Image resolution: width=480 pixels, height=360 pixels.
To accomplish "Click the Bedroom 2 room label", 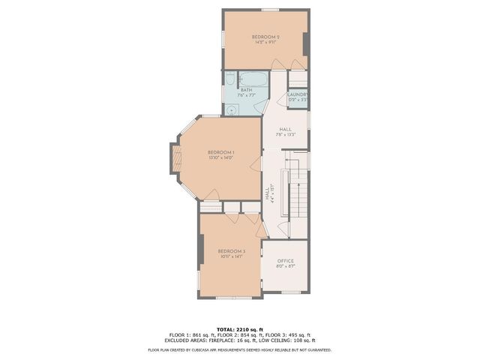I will coord(265,37).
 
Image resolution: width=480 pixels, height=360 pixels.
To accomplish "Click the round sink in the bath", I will coord(232,109).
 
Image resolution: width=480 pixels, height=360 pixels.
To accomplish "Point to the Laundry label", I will coord(298,94).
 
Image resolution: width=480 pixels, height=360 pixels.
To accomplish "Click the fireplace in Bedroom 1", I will coord(177,157).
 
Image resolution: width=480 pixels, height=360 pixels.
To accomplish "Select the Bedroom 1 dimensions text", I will coord(221,158).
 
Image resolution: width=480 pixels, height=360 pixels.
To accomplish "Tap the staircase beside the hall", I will coord(296,195).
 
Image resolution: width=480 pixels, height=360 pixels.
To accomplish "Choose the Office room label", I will coord(286,260).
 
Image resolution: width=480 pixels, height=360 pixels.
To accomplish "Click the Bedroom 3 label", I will coord(232,250).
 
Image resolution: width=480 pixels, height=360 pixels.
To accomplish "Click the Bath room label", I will coord(246,90).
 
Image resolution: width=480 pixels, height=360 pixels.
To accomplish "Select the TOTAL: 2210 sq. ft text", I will coord(240,329).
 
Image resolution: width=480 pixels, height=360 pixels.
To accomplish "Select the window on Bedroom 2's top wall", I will coord(270,9).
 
